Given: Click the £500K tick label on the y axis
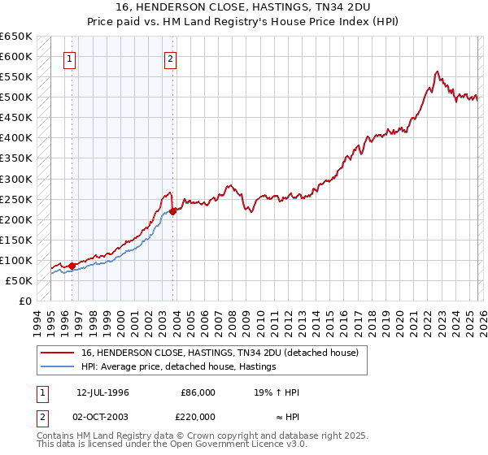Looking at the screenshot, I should pyautogui.click(x=16, y=97).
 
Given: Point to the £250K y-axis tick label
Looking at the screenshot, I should pyautogui.click(x=16, y=199).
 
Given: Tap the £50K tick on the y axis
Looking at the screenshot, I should pyautogui.click(x=19, y=280).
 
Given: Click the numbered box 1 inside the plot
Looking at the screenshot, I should pyautogui.click(x=69, y=58).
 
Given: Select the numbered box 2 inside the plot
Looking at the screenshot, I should pyautogui.click(x=171, y=58).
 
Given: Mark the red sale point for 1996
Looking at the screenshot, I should pyautogui.click(x=72, y=266).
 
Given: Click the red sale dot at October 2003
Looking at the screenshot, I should pyautogui.click(x=173, y=211).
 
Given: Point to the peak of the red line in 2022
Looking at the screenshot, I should pyautogui.click(x=438, y=71).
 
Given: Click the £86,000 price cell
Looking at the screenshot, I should pyautogui.click(x=198, y=392).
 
